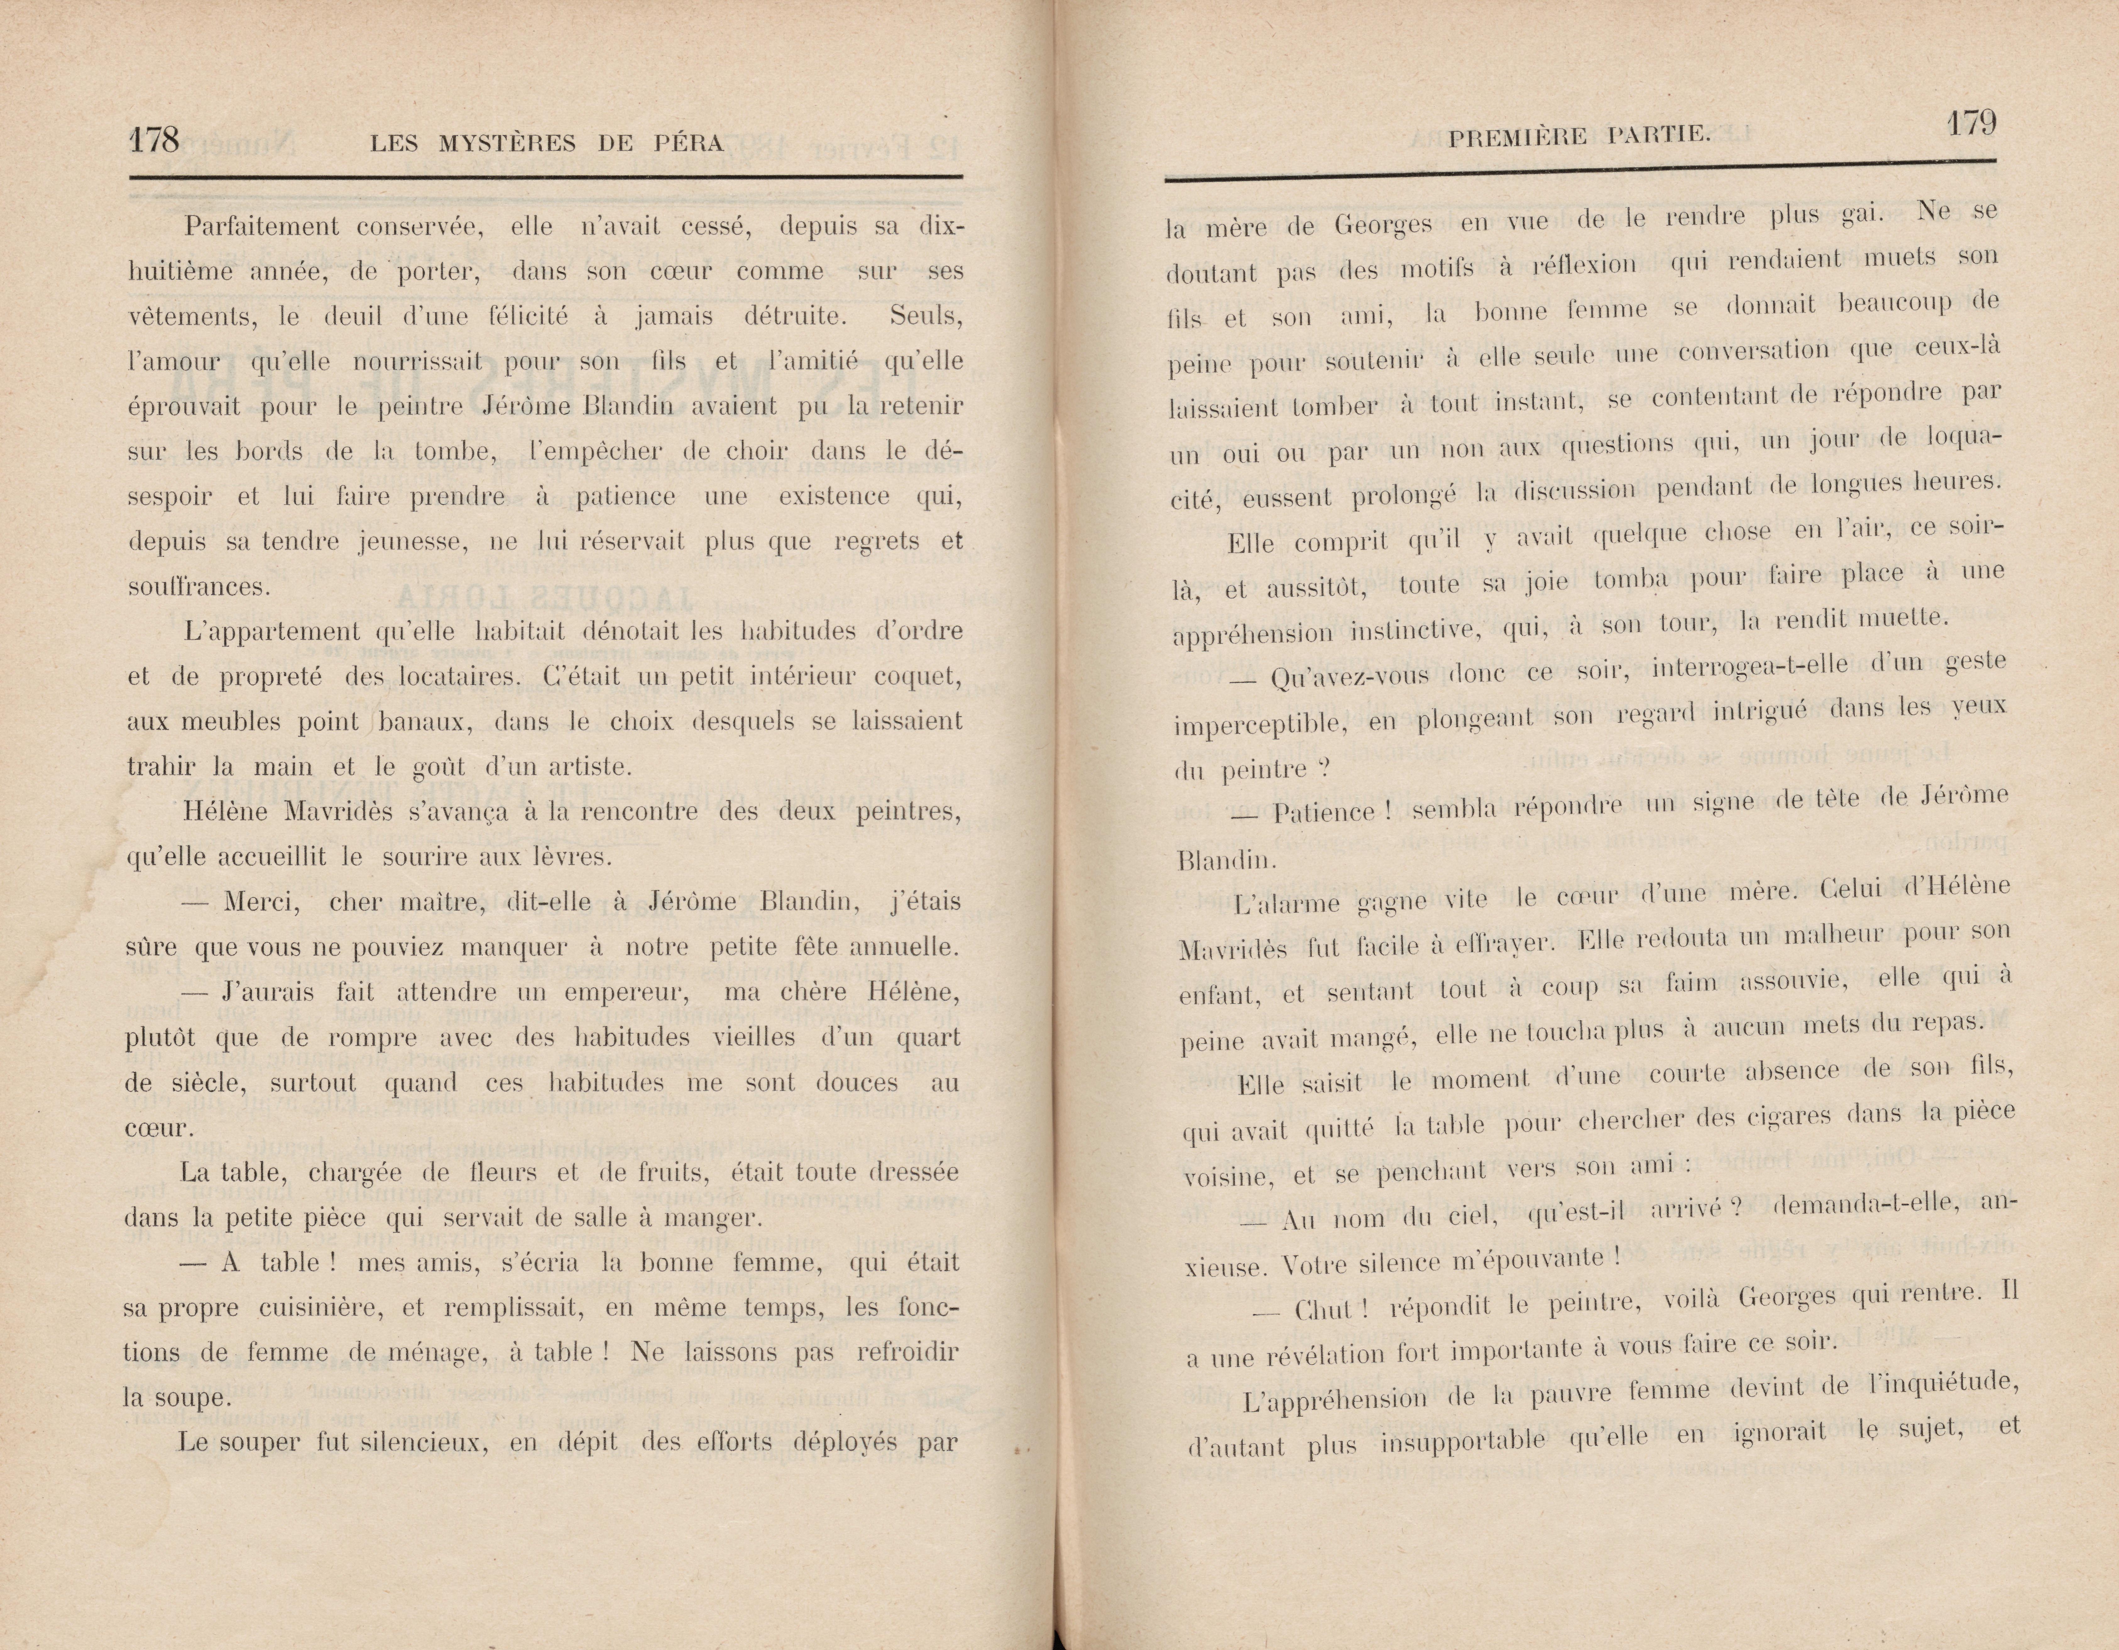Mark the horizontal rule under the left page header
[545, 177]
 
